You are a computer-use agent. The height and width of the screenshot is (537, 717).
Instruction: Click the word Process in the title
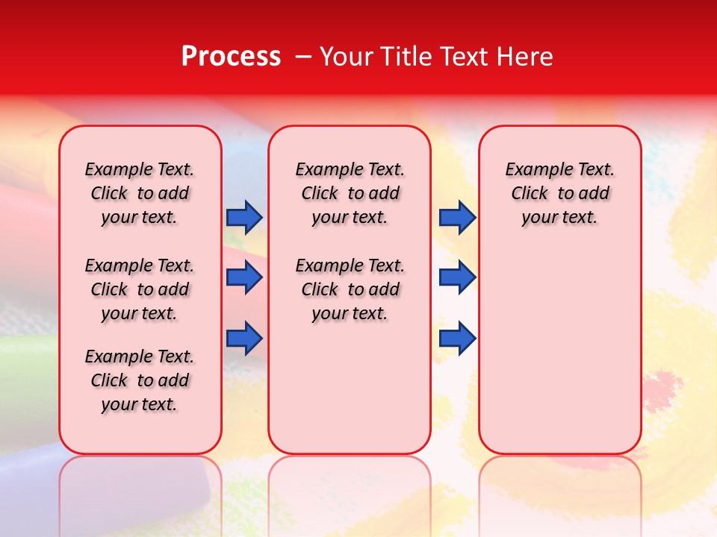pos(231,57)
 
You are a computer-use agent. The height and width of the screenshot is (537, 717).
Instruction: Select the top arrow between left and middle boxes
pos(244,217)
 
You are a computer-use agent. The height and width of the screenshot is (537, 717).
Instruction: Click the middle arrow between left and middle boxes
pos(244,277)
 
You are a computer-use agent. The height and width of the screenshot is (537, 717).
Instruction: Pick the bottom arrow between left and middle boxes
pos(244,338)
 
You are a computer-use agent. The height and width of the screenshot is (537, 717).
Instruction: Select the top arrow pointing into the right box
pos(457,217)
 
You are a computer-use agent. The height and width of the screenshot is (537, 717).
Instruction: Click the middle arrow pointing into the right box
pos(457,277)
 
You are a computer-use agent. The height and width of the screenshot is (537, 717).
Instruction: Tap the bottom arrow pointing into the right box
pos(457,338)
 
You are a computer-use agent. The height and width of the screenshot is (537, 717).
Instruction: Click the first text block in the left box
pos(140,193)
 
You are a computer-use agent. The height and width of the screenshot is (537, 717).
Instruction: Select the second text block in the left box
pos(140,289)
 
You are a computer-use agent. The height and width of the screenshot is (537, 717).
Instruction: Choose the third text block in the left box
pos(140,380)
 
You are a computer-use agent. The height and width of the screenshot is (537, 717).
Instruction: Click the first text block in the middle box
pos(350,193)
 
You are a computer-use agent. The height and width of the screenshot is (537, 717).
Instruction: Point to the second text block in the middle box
pos(350,289)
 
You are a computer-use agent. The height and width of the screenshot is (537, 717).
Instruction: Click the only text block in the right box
pos(560,193)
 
